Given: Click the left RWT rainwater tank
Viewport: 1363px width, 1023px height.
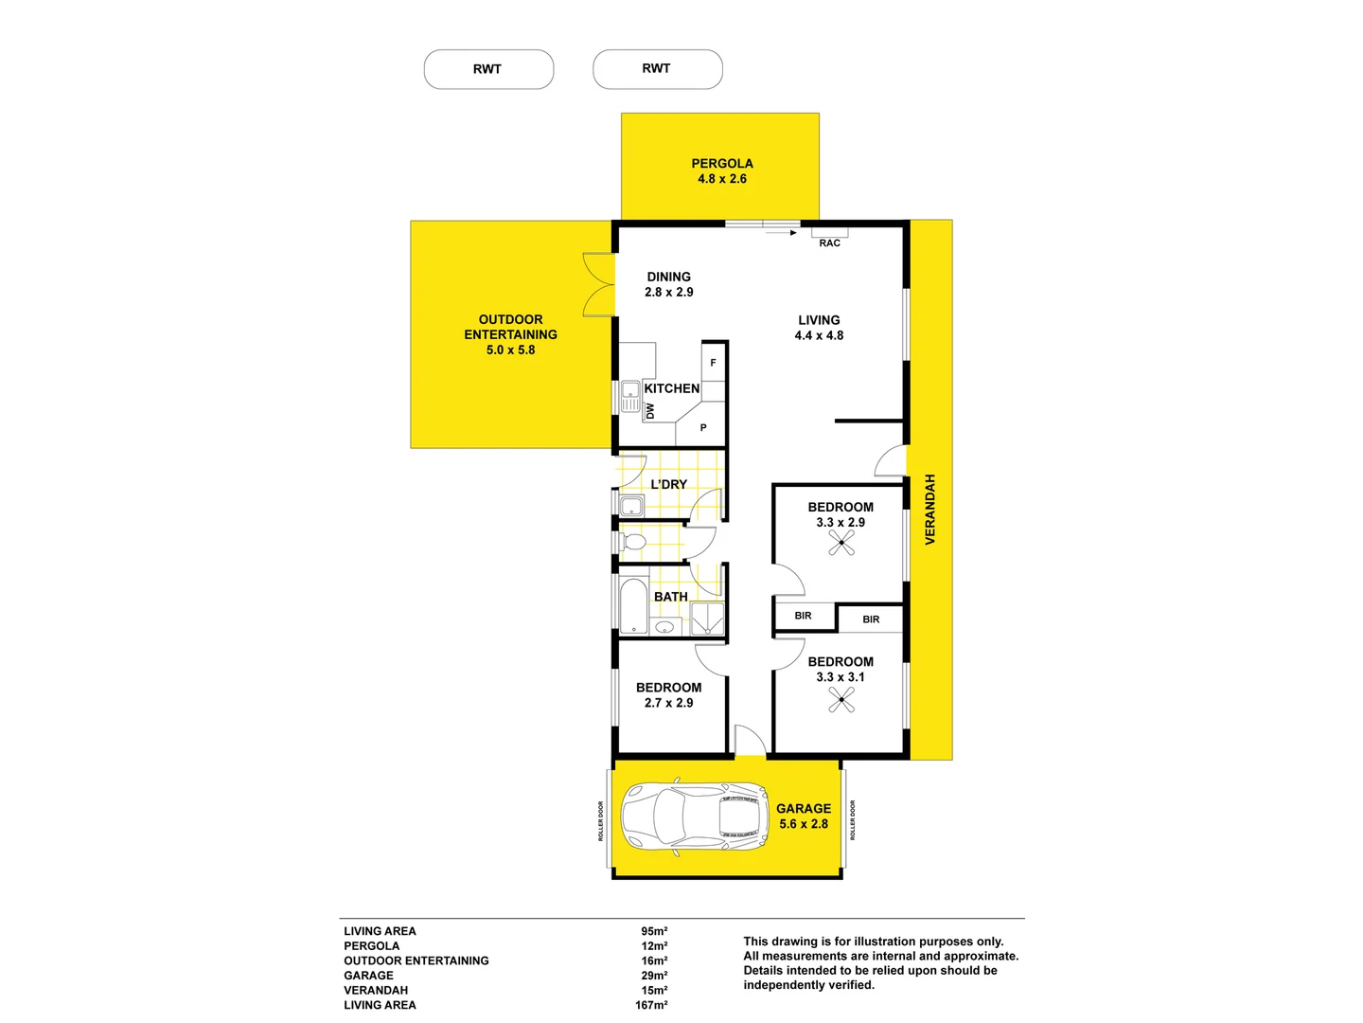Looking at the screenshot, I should pyautogui.click(x=488, y=69).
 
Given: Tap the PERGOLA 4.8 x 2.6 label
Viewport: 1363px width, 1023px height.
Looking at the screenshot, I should pyautogui.click(x=721, y=170).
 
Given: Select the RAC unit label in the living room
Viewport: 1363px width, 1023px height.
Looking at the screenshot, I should pyautogui.click(x=829, y=243).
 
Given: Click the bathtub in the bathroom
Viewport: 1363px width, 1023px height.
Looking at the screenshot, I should pyautogui.click(x=633, y=605).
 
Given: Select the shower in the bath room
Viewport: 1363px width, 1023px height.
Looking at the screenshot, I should pyautogui.click(x=706, y=619).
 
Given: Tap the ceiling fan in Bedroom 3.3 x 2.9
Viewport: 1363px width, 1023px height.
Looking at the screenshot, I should pyautogui.click(x=841, y=543).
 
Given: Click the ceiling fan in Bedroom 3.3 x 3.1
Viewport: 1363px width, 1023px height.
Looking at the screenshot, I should pyautogui.click(x=841, y=699).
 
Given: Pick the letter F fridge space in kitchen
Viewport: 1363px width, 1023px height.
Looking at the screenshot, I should pyautogui.click(x=713, y=363).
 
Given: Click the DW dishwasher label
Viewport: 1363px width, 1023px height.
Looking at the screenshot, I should pyautogui.click(x=650, y=411).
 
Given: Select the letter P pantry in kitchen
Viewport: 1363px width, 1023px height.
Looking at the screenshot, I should pyautogui.click(x=703, y=428).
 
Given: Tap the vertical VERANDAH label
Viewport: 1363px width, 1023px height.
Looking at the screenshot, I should pyautogui.click(x=929, y=509).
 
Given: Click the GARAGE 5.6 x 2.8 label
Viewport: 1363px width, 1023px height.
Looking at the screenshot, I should pyautogui.click(x=803, y=816).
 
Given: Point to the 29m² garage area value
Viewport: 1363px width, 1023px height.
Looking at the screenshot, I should pyautogui.click(x=653, y=976).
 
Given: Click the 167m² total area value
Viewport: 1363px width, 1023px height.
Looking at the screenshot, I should pyautogui.click(x=651, y=1005).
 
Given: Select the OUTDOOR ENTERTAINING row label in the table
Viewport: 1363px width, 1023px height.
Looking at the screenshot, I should pyautogui.click(x=416, y=960).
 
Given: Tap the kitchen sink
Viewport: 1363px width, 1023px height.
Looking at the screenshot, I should pyautogui.click(x=630, y=395).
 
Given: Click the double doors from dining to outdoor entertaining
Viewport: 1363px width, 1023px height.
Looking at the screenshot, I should pyautogui.click(x=599, y=284).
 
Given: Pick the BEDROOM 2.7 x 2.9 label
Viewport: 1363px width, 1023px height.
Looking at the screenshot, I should pyautogui.click(x=668, y=695).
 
